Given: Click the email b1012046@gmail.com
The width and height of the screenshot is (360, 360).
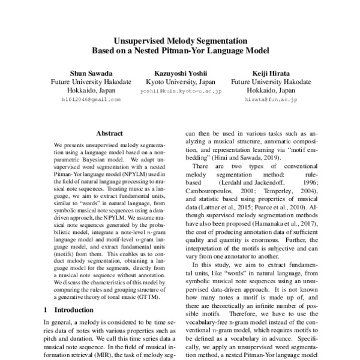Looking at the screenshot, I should (x=91, y=100).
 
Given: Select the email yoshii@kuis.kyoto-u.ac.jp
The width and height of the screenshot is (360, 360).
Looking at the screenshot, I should (x=181, y=91).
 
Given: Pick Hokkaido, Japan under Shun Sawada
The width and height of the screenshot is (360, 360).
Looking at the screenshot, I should (x=91, y=91).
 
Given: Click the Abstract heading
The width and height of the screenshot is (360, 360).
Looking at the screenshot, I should (x=109, y=133).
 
